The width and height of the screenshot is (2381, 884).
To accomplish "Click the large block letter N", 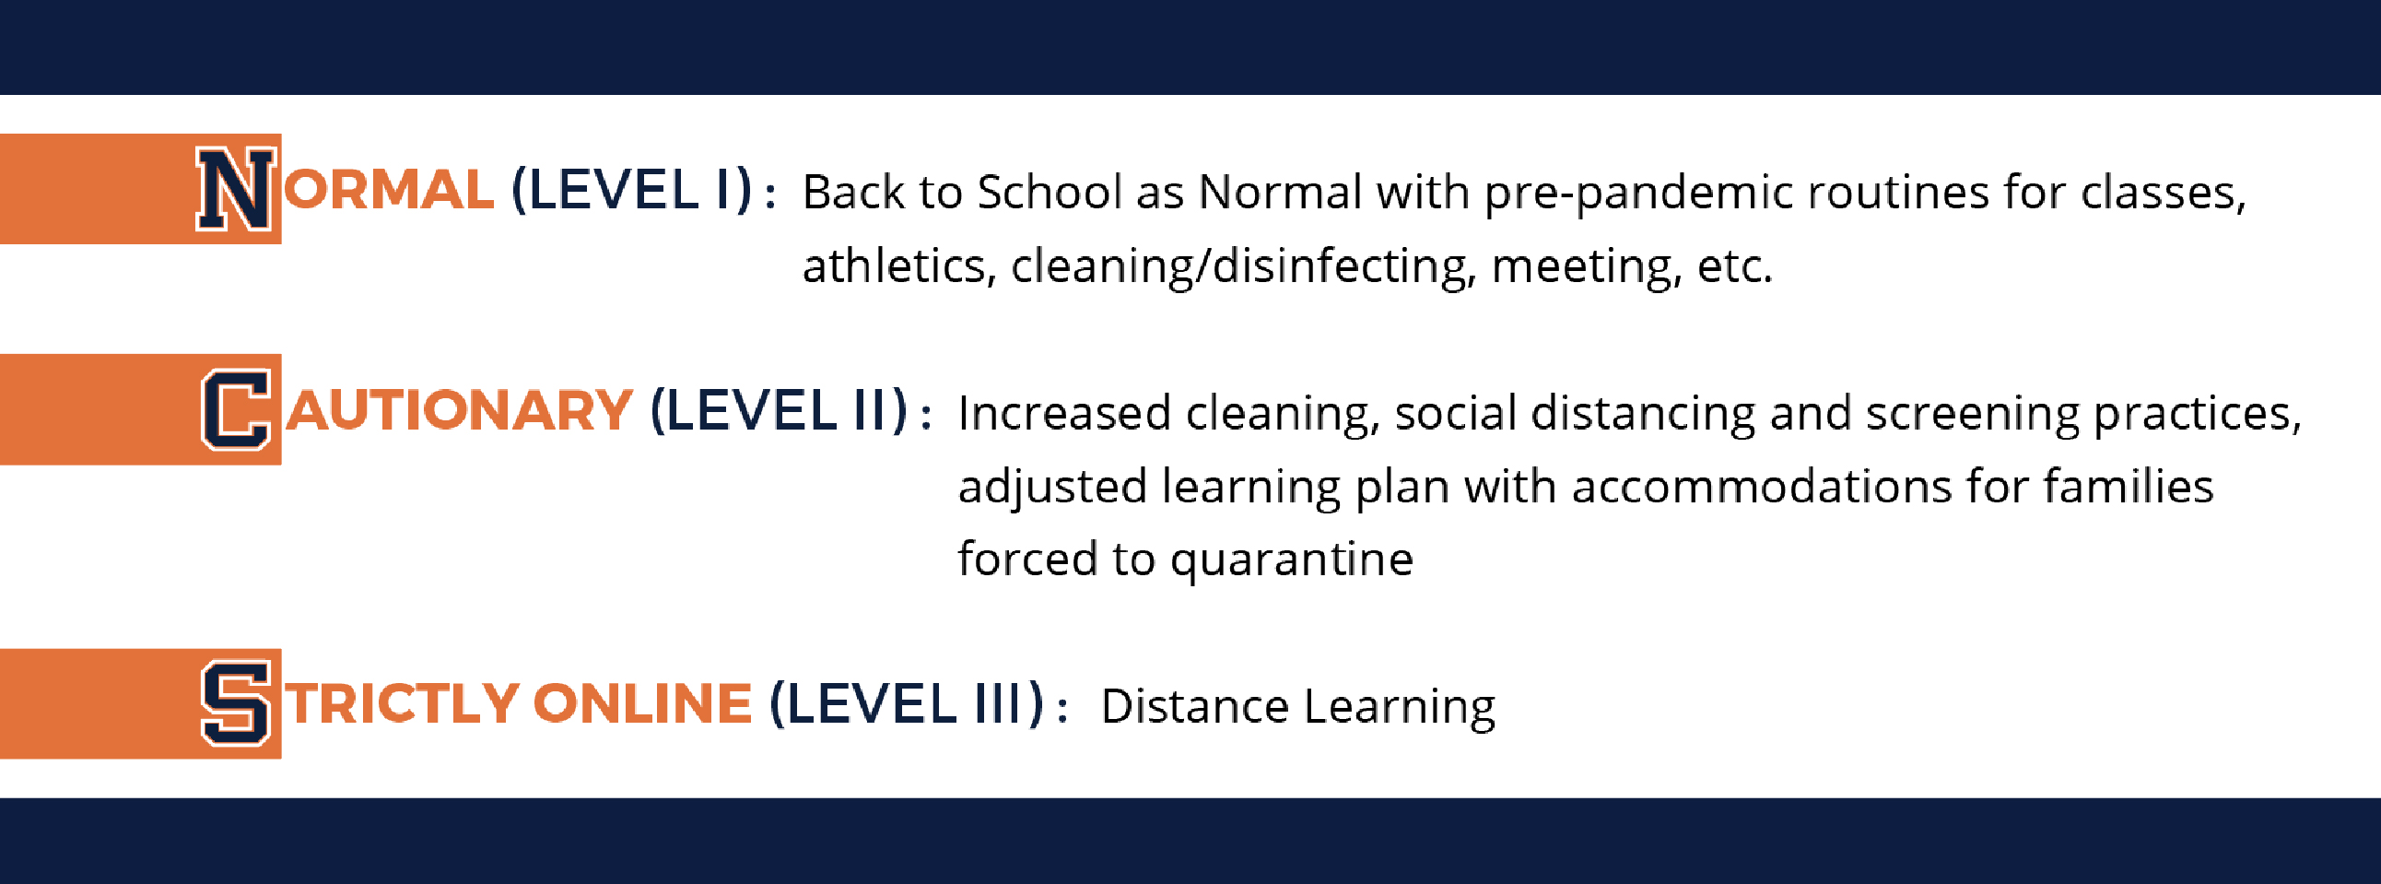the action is coord(236,189).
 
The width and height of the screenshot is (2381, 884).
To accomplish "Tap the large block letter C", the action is coord(237,408).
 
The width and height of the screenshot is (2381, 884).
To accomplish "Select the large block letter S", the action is coord(237,703).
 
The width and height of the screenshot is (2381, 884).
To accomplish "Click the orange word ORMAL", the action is coord(388,190).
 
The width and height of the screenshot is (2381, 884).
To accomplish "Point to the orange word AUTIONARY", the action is coord(460,410).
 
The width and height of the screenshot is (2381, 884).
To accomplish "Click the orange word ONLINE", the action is coord(642,703).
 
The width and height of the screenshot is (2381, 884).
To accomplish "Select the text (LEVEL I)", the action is coord(632,191).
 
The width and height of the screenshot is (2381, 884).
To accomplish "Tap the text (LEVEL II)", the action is coord(780,411).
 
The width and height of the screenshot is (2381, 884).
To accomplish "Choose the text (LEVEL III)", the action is coord(907,704).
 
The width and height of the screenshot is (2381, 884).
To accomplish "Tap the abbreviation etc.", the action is coord(1735,267).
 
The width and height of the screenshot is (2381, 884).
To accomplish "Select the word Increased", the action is coord(1065,413).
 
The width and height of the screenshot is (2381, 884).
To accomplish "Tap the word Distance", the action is coord(1195,706).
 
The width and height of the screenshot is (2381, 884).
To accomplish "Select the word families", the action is coord(2129,487).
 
